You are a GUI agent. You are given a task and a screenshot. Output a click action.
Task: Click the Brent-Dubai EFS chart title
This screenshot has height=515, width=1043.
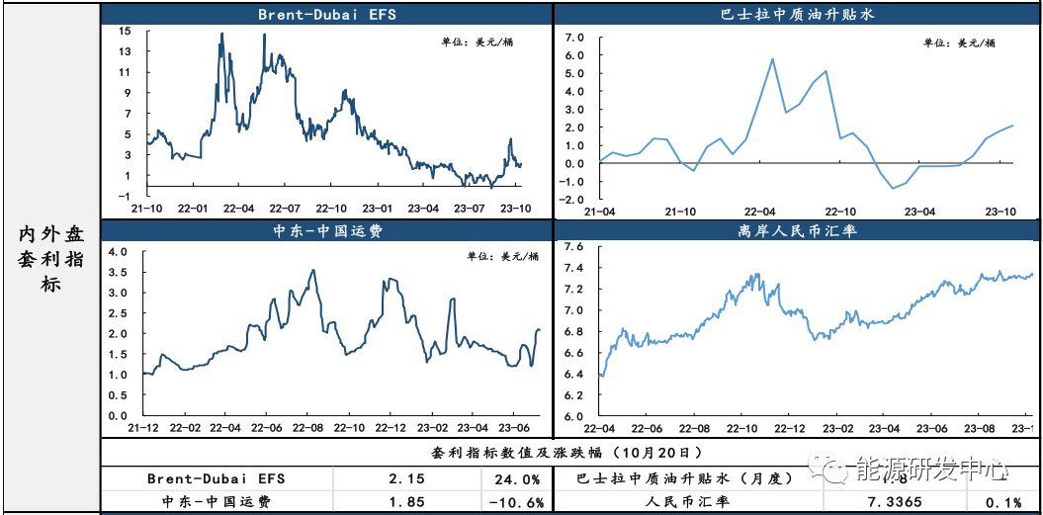pyautogui.click(x=326, y=15)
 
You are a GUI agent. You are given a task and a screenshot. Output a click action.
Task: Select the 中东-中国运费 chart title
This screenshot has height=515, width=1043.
pyautogui.click(x=326, y=232)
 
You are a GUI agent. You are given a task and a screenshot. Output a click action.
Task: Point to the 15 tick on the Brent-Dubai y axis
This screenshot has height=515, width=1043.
pyautogui.click(x=126, y=31)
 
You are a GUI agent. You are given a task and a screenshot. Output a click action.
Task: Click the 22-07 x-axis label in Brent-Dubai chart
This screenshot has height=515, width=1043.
pyautogui.click(x=285, y=209)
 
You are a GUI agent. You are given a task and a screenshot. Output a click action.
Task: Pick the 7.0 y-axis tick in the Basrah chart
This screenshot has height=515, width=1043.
pyautogui.click(x=574, y=38)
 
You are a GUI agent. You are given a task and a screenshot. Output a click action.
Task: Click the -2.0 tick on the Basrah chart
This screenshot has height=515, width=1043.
pyautogui.click(x=571, y=200)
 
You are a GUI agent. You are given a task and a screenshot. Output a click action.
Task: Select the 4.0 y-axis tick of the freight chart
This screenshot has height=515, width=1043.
pyautogui.click(x=119, y=252)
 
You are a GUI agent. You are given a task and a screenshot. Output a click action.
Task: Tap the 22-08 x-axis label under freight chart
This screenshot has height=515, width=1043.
pyautogui.click(x=306, y=428)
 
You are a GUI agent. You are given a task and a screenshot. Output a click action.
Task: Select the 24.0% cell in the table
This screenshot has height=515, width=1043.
pyautogui.click(x=515, y=478)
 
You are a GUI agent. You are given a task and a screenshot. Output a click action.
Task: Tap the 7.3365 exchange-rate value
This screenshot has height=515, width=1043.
pyautogui.click(x=896, y=502)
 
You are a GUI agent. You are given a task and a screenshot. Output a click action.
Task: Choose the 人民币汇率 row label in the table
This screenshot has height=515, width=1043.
pyautogui.click(x=684, y=502)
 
